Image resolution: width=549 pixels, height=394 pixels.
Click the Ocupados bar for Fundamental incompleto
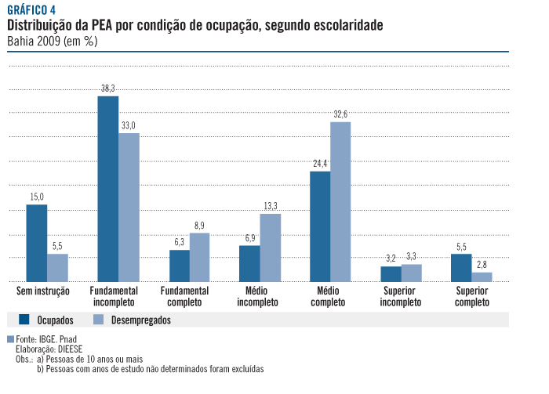(x=107, y=189)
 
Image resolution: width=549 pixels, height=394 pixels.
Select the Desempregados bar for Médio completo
(x=340, y=202)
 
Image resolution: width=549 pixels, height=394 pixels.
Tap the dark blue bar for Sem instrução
(x=37, y=243)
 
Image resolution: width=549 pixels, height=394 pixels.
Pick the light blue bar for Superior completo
(x=482, y=277)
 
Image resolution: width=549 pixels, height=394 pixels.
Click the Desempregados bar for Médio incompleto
(x=270, y=248)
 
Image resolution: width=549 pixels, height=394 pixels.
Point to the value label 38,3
(x=107, y=89)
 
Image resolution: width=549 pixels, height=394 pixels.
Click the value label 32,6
(x=340, y=114)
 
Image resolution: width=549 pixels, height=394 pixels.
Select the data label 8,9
(x=199, y=226)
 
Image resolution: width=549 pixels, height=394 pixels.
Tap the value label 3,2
(x=391, y=258)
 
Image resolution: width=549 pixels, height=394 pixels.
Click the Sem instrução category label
(x=43, y=291)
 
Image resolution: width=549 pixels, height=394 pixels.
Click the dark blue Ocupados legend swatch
(x=24, y=320)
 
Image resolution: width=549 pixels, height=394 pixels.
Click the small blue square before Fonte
(x=10, y=340)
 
